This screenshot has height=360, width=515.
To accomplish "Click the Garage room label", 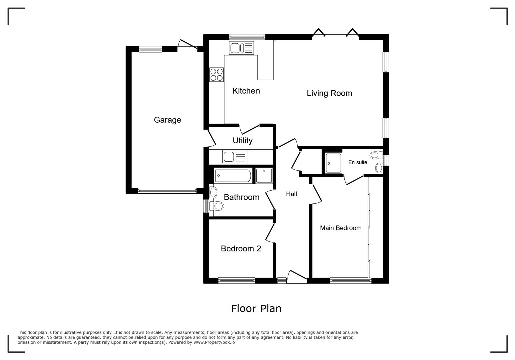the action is (x=167, y=120).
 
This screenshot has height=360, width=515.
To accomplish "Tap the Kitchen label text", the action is (x=246, y=91).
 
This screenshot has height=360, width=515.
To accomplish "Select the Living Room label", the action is (x=329, y=93).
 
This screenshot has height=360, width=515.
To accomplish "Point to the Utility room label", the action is (x=242, y=140).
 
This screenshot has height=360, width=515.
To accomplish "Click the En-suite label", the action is (x=358, y=162).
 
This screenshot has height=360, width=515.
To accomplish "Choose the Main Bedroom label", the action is (x=341, y=228).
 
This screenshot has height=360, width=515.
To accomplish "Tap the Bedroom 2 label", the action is (x=241, y=249).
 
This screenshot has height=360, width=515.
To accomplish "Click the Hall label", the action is (x=291, y=194).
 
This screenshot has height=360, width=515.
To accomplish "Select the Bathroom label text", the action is (x=241, y=197).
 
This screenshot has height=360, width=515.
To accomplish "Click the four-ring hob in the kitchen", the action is (x=216, y=75).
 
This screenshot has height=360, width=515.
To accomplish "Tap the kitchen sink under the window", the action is (x=241, y=48).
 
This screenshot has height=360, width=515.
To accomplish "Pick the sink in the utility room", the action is (x=235, y=157).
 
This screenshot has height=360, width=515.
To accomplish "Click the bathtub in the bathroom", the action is (x=233, y=176).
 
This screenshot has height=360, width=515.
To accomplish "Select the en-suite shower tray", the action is (x=333, y=163).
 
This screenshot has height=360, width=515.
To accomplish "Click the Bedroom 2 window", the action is (x=236, y=280).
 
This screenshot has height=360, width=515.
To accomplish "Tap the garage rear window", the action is (x=150, y=49).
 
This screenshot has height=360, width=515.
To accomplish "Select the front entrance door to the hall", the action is (x=297, y=277).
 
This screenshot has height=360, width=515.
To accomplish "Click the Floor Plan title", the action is (x=256, y=309).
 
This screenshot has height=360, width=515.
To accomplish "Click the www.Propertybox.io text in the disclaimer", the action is (x=214, y=342).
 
